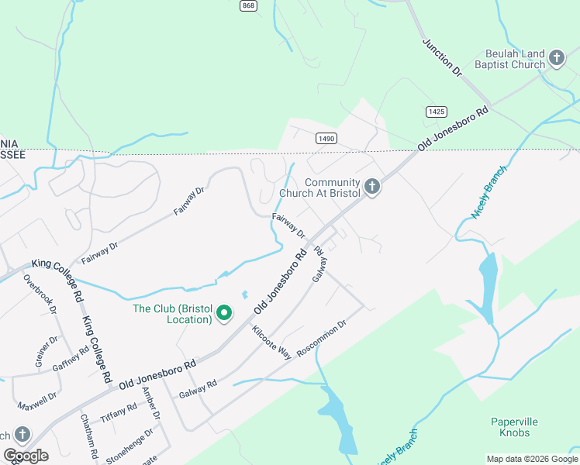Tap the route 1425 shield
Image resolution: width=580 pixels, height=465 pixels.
[437, 112]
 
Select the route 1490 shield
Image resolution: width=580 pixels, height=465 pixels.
[326, 138]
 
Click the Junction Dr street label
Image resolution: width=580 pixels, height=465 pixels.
[442, 57]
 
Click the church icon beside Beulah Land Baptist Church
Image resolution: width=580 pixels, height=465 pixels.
[556, 57]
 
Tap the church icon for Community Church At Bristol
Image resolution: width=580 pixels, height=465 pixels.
[372, 187]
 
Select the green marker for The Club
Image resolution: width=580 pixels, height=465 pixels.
[224, 313]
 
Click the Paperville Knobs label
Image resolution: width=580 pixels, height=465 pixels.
[514, 427]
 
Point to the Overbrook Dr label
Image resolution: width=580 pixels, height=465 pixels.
[40, 294]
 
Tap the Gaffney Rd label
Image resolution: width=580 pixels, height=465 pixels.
[71, 360]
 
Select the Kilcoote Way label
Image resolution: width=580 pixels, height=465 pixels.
[271, 342]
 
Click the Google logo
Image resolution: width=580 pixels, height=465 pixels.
[26, 456]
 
